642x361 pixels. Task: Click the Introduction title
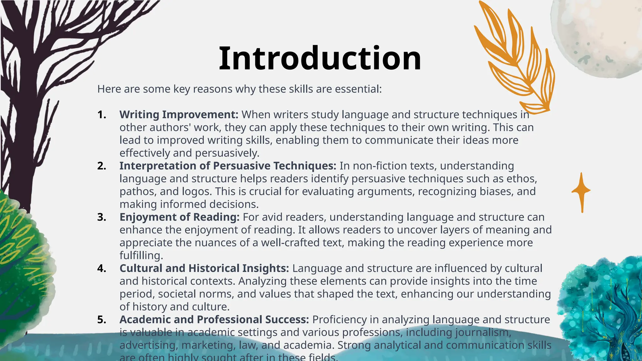pyautogui.click(x=320, y=59)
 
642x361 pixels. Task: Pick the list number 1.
pyautogui.click(x=102, y=115)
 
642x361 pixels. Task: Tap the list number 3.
pyautogui.click(x=102, y=217)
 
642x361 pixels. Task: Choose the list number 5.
pyautogui.click(x=102, y=320)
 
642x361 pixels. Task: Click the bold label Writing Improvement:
pyautogui.click(x=179, y=115)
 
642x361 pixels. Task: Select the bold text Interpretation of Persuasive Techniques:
pyautogui.click(x=228, y=166)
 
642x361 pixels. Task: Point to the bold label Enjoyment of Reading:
pyautogui.click(x=179, y=217)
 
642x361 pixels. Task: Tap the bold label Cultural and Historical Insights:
pyautogui.click(x=204, y=269)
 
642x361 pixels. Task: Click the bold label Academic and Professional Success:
pyautogui.click(x=214, y=320)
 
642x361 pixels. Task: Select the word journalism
pyautogui.click(x=483, y=332)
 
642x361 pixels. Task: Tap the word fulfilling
pyautogui.click(x=141, y=256)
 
